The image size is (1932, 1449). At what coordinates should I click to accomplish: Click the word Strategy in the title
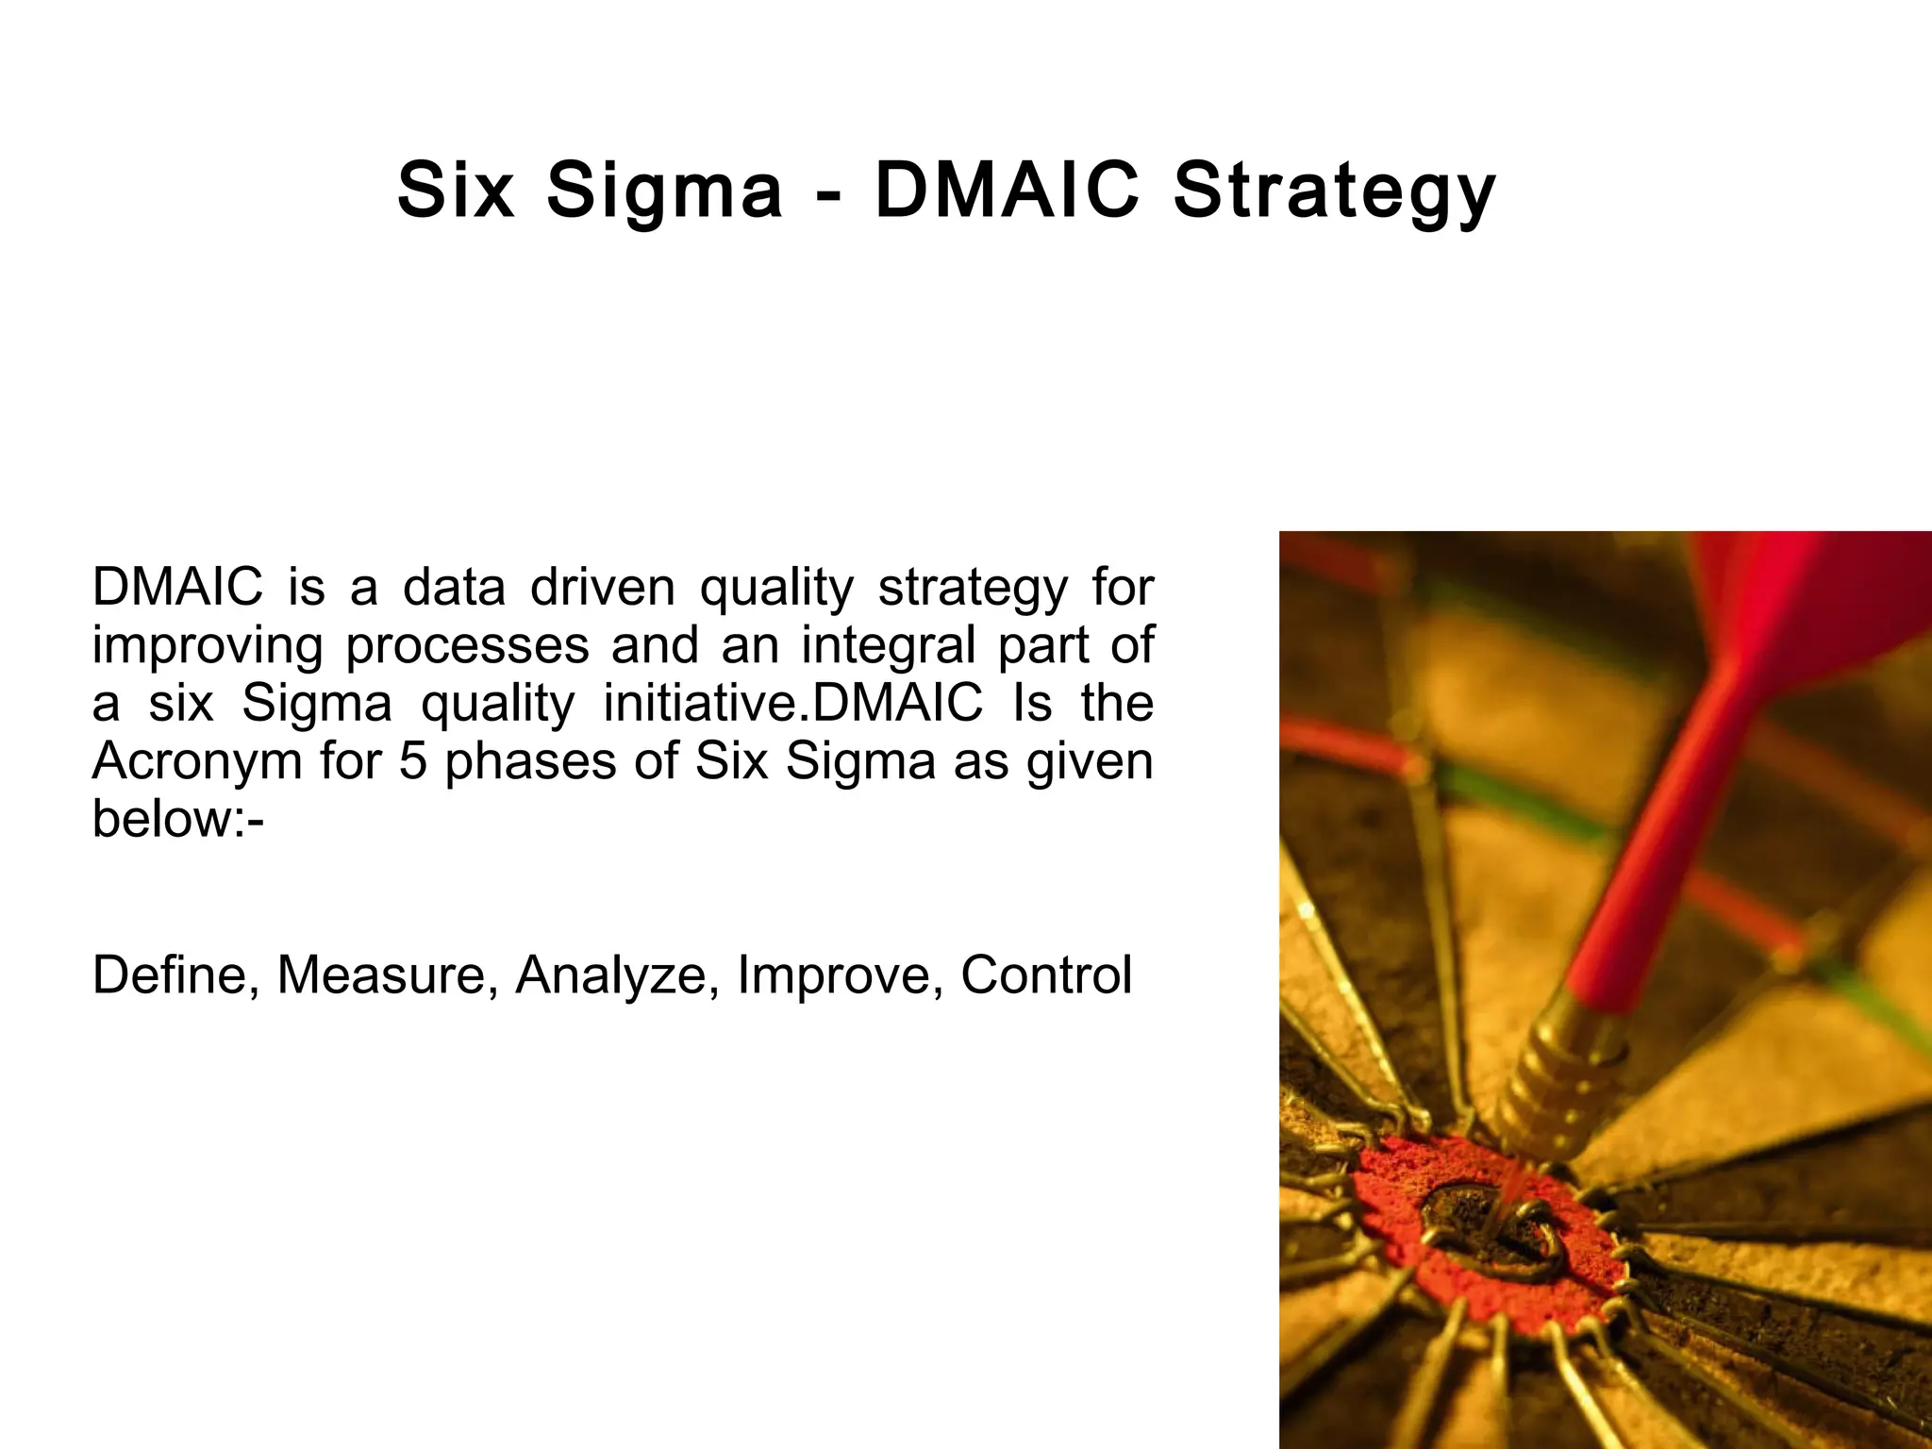pyautogui.click(x=1334, y=192)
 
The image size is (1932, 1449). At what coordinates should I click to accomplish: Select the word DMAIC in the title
pyautogui.click(x=1007, y=191)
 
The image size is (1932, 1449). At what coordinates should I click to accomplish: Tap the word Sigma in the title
pyautogui.click(x=665, y=192)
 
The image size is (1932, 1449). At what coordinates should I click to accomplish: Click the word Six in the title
pyautogui.click(x=456, y=191)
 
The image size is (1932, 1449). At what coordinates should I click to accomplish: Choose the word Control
pyautogui.click(x=1046, y=974)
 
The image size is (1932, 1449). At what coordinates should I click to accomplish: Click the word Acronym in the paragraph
pyautogui.click(x=197, y=762)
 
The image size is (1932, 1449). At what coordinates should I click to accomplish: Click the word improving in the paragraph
pyautogui.click(x=208, y=647)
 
